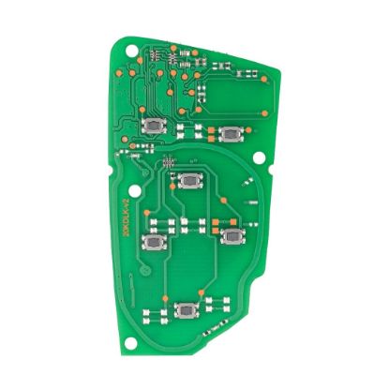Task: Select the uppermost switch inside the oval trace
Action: pos(193,180)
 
